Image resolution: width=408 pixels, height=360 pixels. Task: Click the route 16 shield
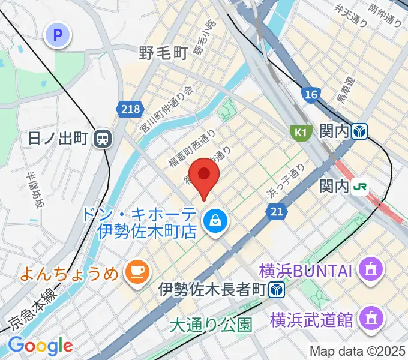coord(310,95)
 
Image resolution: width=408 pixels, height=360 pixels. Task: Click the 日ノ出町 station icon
coord(103,139)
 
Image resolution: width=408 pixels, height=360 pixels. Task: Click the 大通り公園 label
coord(211,325)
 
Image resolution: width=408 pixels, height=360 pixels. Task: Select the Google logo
coord(40,345)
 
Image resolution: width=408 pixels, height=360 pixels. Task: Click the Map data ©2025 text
coord(358,351)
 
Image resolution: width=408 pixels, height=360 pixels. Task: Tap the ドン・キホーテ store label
coord(148,222)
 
